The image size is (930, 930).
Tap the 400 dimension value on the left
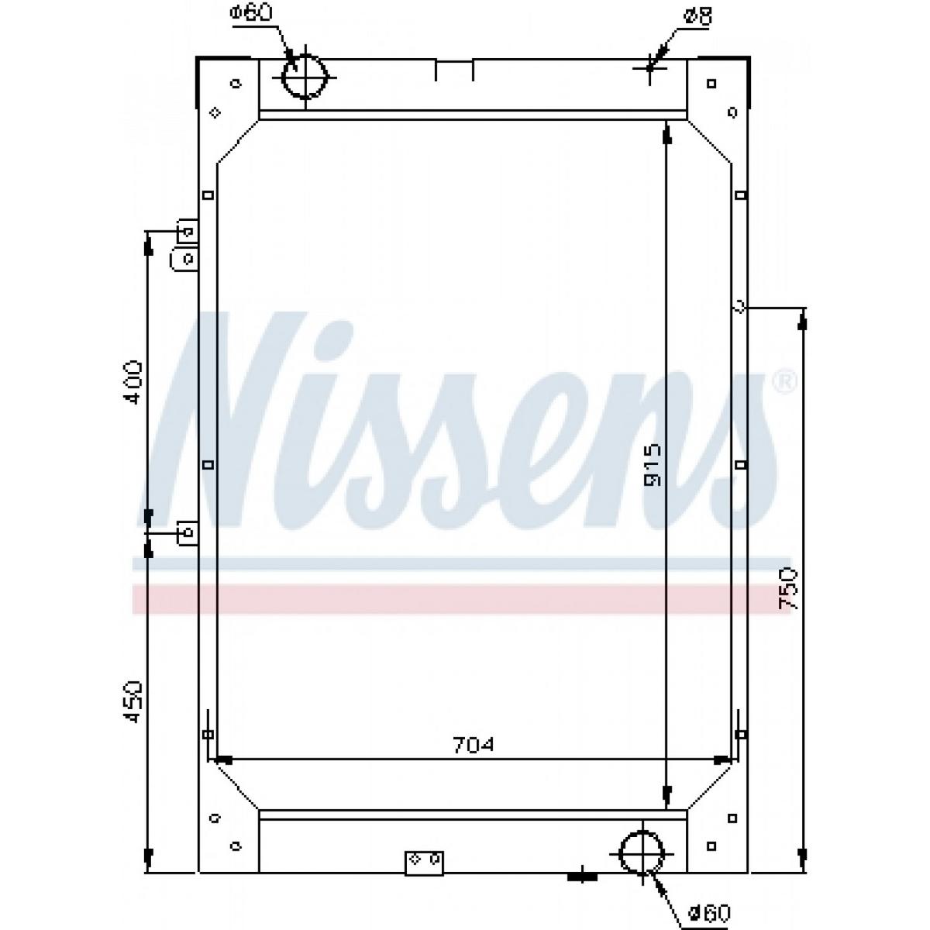point(131,382)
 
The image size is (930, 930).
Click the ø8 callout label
point(697,18)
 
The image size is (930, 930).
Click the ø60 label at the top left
point(250,13)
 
